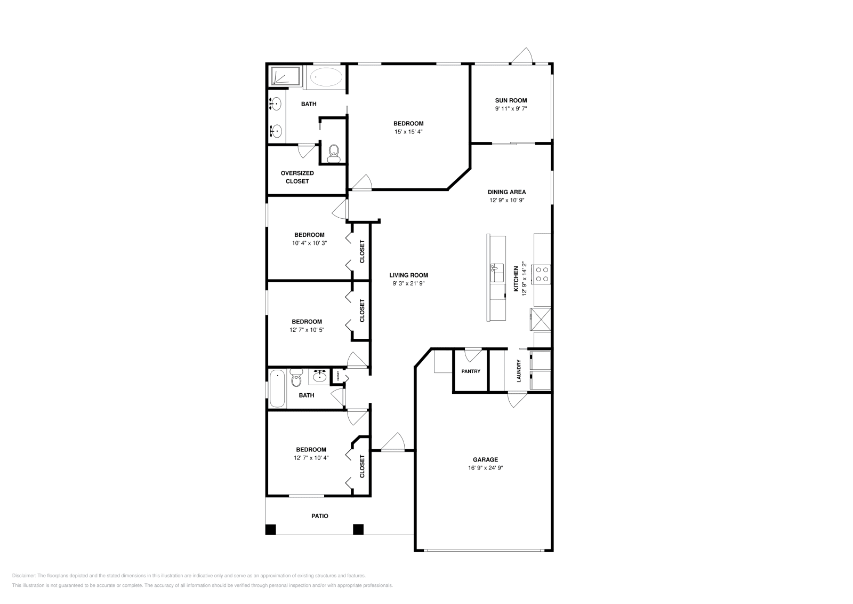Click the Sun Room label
click(511, 100)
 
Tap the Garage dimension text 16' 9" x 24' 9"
click(485, 468)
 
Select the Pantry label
click(471, 371)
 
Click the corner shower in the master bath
click(286, 76)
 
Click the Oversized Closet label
click(297, 177)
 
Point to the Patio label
click(320, 516)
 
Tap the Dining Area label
click(506, 192)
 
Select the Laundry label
click(519, 371)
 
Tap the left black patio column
click(271, 529)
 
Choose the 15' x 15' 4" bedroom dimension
click(408, 132)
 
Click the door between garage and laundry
click(517, 400)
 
